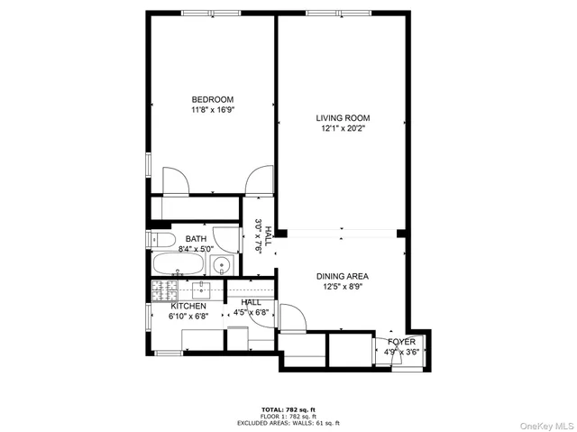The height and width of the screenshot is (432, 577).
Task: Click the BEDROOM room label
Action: tap(212, 99)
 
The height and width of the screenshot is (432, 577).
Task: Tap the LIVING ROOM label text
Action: tap(342, 118)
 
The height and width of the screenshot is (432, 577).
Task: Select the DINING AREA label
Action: tap(342, 277)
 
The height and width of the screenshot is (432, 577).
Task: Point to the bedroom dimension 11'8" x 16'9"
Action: tap(212, 110)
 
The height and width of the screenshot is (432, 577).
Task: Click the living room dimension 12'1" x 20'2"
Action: tap(342, 129)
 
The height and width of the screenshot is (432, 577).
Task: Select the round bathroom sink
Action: tap(223, 265)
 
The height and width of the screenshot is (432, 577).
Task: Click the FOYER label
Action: tap(401, 343)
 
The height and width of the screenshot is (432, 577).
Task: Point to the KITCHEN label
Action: tap(188, 307)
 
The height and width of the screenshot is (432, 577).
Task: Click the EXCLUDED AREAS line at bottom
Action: tap(288, 422)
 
